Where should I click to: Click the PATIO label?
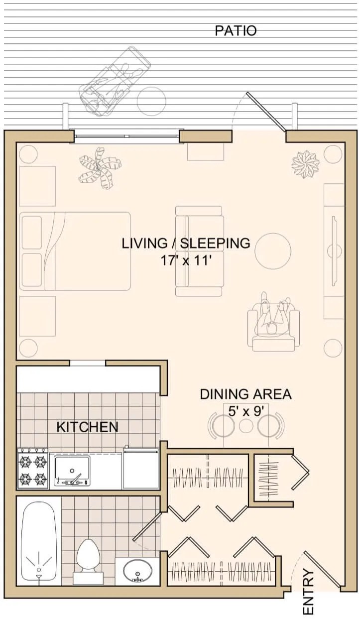pyautogui.click(x=236, y=31)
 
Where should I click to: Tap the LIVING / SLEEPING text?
pyautogui.click(x=186, y=244)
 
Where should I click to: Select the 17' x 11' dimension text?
pyautogui.click(x=186, y=260)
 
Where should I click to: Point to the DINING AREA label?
pyautogui.click(x=245, y=394)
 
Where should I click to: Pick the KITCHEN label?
pyautogui.click(x=87, y=427)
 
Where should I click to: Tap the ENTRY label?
pyautogui.click(x=309, y=592)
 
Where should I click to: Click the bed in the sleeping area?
pyautogui.click(x=75, y=251)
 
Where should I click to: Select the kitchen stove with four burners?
pyautogui.click(x=33, y=468)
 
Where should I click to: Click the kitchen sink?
pyautogui.click(x=72, y=469)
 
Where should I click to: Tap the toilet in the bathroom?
pyautogui.click(x=89, y=559)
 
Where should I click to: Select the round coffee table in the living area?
pyautogui.click(x=273, y=251)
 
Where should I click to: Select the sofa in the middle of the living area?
pyautogui.click(x=199, y=251)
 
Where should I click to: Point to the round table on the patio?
pyautogui.click(x=151, y=101)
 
